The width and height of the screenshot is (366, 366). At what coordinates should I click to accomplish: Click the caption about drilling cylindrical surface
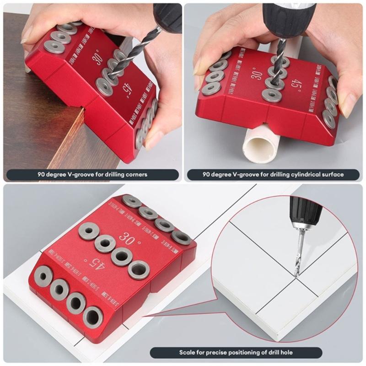point(273,175)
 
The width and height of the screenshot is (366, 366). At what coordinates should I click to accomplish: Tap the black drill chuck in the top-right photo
point(288,18)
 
